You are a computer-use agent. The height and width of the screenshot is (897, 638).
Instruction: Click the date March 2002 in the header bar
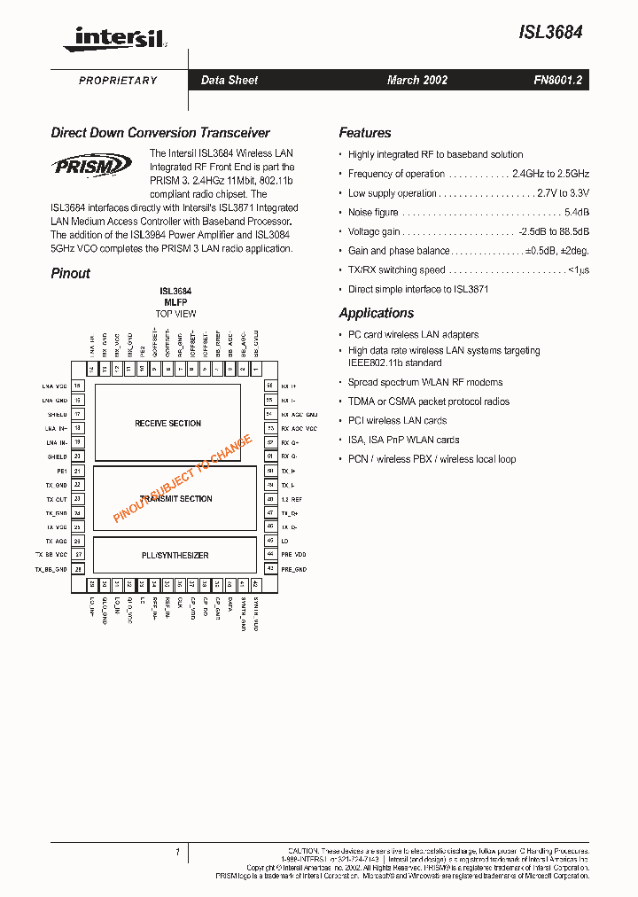[x=416, y=80]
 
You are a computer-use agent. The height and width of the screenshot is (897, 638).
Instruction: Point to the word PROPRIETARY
[x=118, y=81]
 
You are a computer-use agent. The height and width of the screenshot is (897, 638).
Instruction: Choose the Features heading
[x=364, y=133]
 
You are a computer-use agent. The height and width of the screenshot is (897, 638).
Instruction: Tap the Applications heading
[x=376, y=313]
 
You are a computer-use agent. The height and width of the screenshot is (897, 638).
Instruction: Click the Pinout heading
[x=70, y=274]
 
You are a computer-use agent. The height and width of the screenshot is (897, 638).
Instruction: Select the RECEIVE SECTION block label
[x=167, y=424]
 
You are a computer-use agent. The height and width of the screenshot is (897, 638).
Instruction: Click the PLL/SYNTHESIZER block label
[x=175, y=556]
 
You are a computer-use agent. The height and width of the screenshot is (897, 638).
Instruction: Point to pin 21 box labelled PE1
[x=78, y=471]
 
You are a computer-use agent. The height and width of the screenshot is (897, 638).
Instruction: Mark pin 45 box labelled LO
[x=269, y=540]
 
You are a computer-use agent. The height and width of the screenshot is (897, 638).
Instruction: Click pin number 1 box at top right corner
[x=255, y=368]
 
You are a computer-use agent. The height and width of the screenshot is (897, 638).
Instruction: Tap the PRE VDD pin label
[x=293, y=554]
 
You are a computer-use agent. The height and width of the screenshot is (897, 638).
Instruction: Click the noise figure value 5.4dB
[x=576, y=213]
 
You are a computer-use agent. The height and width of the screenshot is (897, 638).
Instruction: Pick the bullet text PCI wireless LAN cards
[x=397, y=421]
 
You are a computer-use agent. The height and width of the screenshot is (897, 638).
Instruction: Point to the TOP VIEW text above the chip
[x=175, y=314]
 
